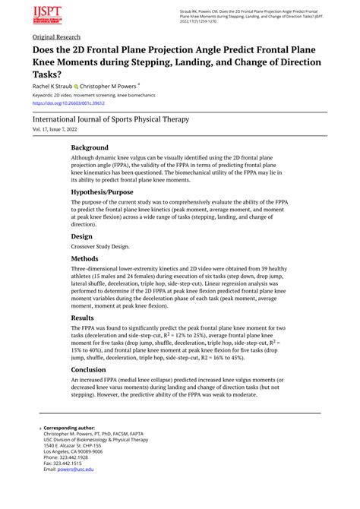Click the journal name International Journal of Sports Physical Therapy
point(121,119)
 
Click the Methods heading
point(86,258)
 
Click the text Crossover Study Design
point(100,246)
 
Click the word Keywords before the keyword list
point(46,95)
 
